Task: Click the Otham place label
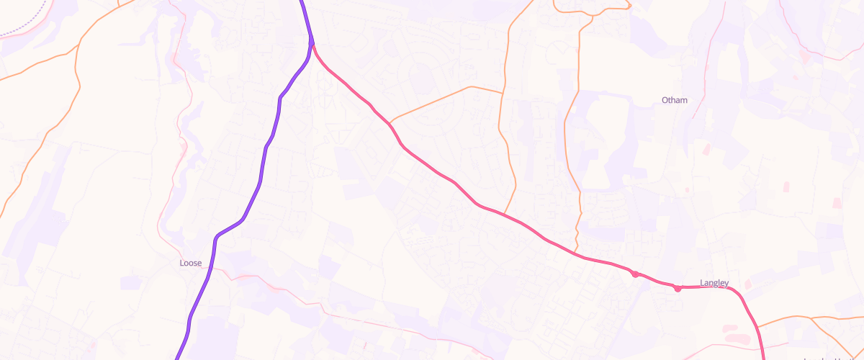point(674,100)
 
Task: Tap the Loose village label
point(190,264)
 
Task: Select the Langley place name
point(714,283)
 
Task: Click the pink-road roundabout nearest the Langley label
point(678,289)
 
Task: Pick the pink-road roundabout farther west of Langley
point(635,274)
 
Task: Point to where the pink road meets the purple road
point(312,43)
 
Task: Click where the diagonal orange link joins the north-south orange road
point(503,93)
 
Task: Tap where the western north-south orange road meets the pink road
point(504,214)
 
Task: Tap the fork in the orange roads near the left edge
point(78,47)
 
